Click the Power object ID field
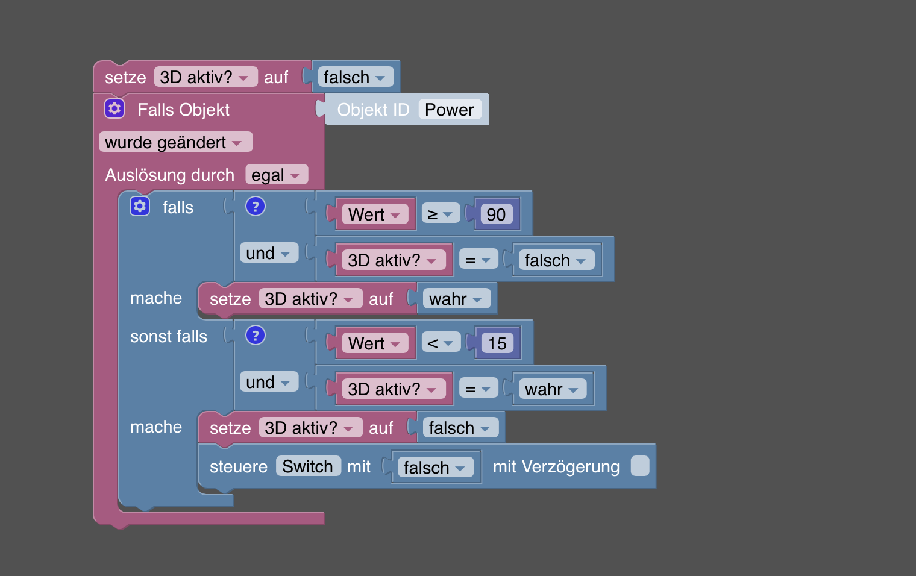[449, 110]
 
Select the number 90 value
[496, 214]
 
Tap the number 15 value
[497, 343]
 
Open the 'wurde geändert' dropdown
[175, 142]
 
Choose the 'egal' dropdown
[276, 175]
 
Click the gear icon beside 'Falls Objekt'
[114, 108]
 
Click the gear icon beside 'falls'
[140, 206]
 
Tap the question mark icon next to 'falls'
[256, 206]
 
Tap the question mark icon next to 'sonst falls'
[256, 335]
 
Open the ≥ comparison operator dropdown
[440, 214]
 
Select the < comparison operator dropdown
[440, 343]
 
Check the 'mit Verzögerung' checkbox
[640, 466]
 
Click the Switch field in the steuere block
[308, 466]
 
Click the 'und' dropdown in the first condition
[268, 253]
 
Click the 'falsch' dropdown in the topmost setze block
[355, 77]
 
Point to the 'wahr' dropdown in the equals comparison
[551, 389]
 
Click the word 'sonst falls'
[169, 336]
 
